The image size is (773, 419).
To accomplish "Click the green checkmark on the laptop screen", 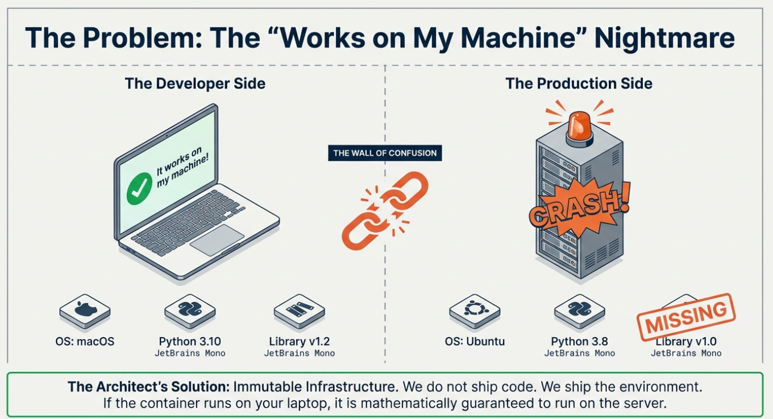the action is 139,189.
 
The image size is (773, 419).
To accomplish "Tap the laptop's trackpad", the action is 217,240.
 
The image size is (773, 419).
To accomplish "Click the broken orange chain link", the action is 385,210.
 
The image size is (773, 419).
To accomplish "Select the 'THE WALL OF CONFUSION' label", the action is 385,153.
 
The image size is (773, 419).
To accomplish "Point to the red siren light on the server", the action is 580,128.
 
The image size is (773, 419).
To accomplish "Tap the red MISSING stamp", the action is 686,317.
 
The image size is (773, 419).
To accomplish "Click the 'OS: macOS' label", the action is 85,341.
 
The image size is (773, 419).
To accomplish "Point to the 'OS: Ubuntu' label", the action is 475,341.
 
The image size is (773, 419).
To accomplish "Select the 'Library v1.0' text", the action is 686,341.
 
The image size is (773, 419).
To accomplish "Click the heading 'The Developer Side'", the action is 195,84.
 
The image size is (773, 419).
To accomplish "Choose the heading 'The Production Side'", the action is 579,84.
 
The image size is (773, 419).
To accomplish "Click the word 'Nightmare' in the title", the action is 664,38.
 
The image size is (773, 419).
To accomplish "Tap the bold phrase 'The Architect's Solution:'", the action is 148,387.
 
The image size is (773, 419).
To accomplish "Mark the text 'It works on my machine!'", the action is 182,167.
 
